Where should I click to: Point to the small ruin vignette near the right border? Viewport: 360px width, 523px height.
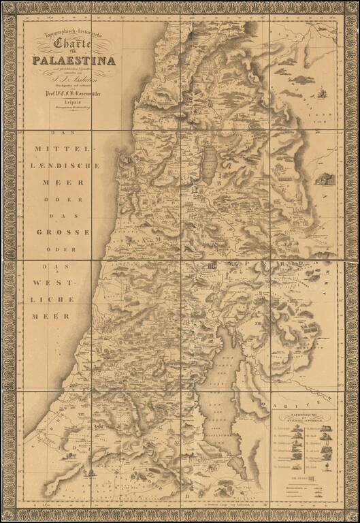pos(325,179)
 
